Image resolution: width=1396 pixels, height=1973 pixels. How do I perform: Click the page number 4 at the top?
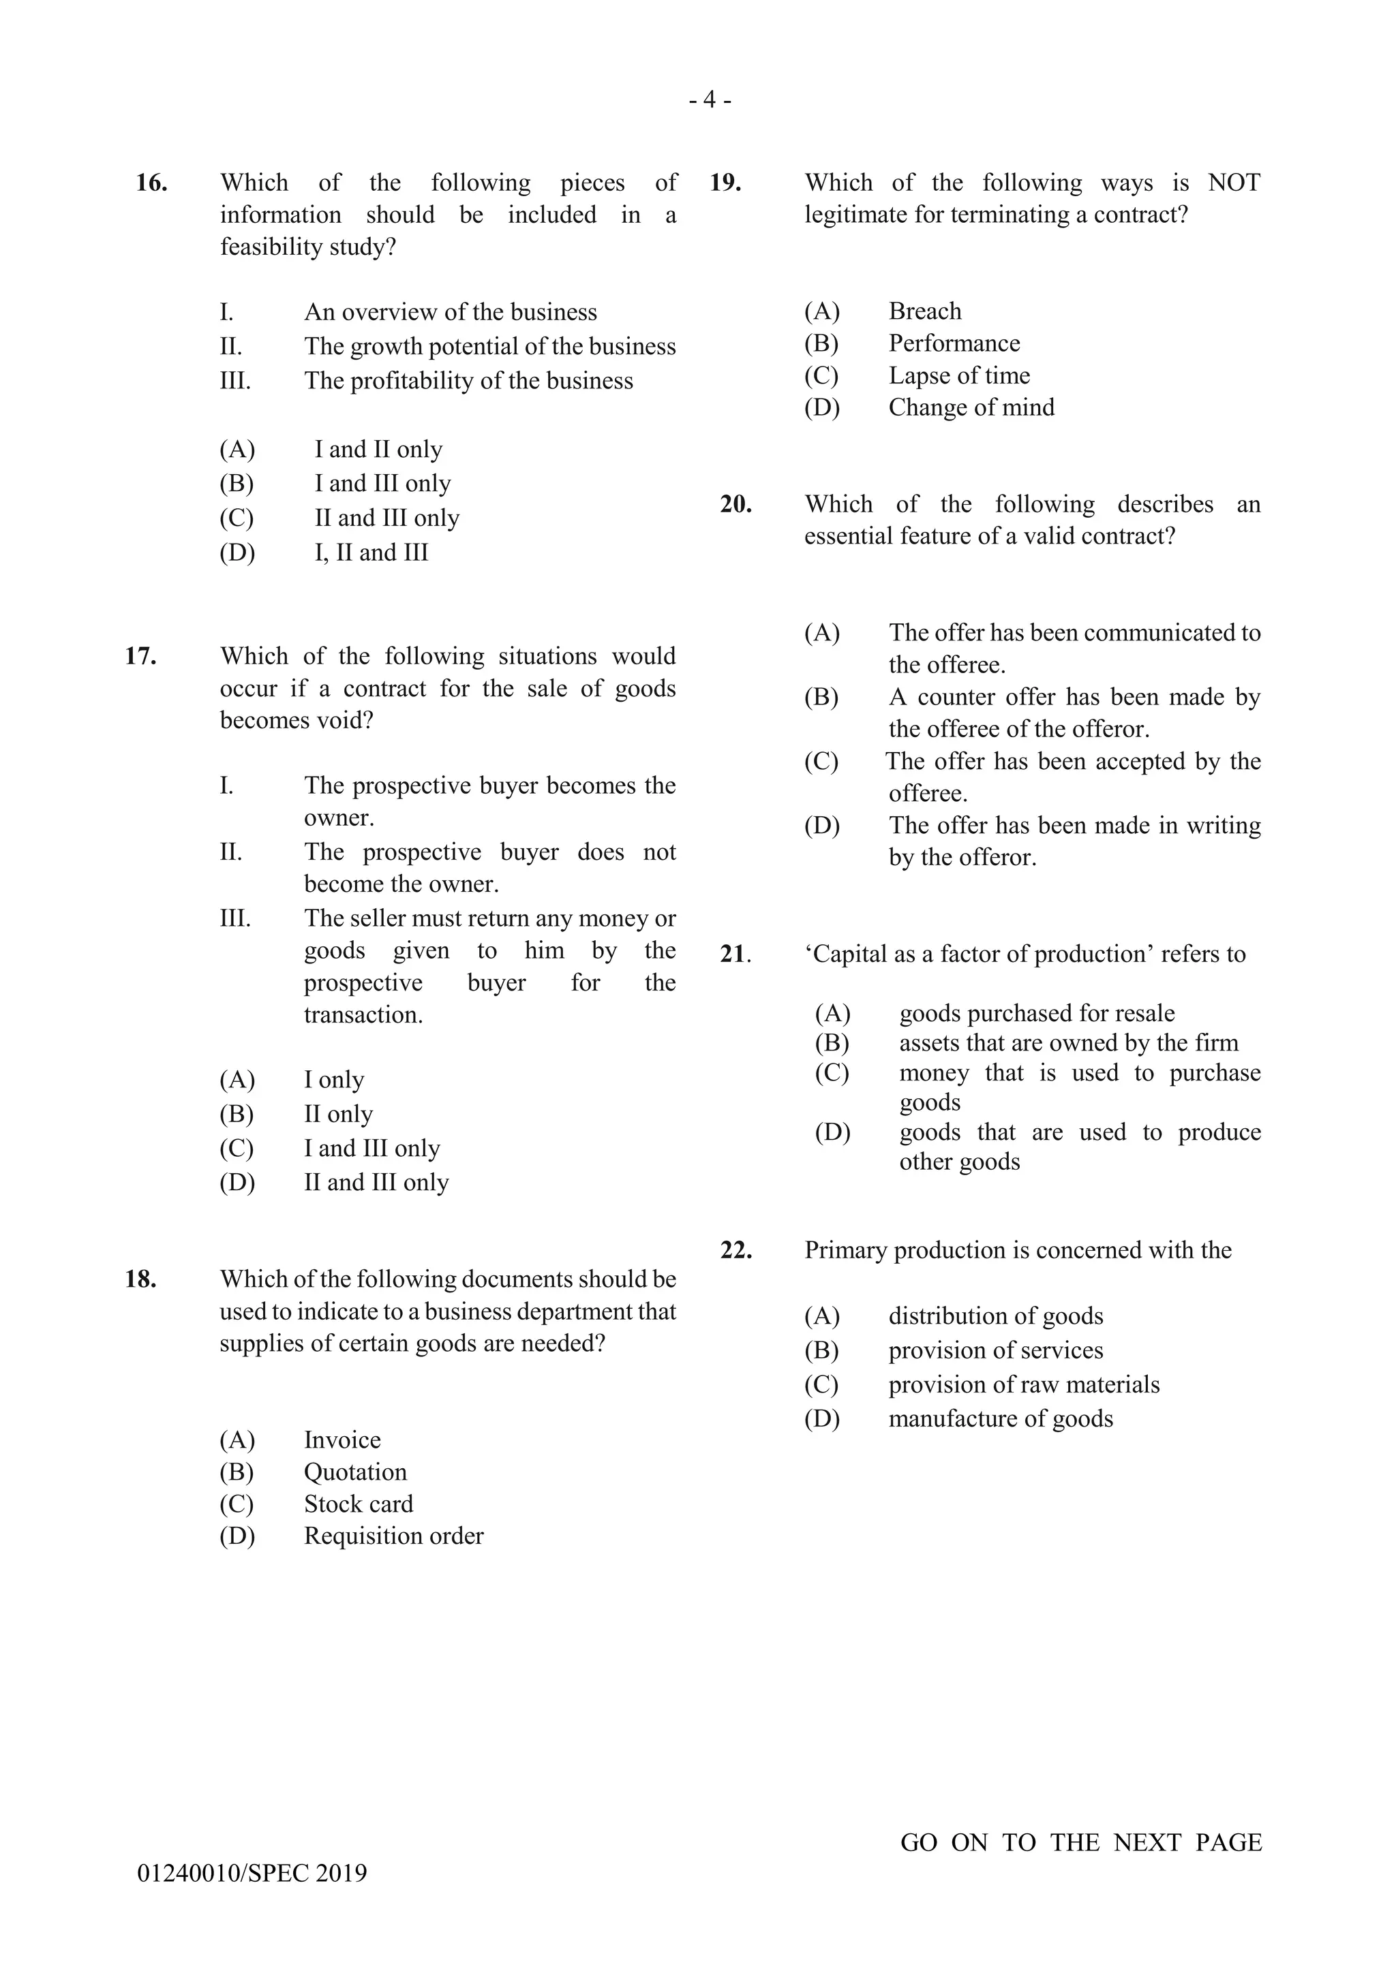pyautogui.click(x=709, y=101)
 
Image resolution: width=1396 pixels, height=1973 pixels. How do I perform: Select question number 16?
pyautogui.click(x=151, y=183)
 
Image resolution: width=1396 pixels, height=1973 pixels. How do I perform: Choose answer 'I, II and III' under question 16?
pyautogui.click(x=371, y=553)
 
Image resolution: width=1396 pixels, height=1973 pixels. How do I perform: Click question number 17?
pyautogui.click(x=141, y=657)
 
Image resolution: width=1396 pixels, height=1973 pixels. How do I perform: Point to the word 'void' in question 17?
pyautogui.click(x=344, y=720)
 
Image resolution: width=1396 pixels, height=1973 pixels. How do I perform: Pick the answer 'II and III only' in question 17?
pyautogui.click(x=376, y=1183)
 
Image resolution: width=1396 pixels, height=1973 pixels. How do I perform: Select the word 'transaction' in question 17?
pyautogui.click(x=362, y=1015)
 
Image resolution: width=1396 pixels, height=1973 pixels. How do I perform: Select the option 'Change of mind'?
pyautogui.click(x=971, y=407)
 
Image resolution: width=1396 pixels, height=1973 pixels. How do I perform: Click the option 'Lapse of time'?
pyautogui.click(x=958, y=375)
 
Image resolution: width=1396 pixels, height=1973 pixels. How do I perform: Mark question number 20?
pyautogui.click(x=735, y=504)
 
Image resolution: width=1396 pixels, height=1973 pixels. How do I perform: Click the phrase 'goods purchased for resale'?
pyautogui.click(x=1036, y=1013)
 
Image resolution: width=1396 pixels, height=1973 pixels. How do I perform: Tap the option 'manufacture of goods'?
pyautogui.click(x=1000, y=1418)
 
